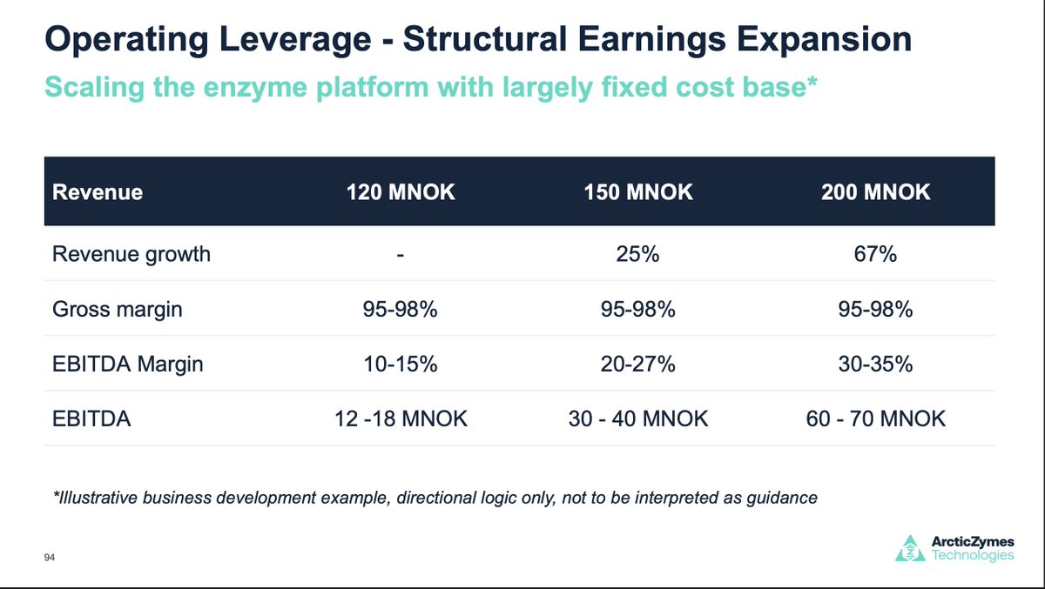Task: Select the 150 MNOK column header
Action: tap(638, 191)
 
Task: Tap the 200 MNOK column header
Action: tap(875, 191)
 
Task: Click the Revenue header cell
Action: tap(98, 191)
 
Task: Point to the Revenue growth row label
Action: tap(131, 255)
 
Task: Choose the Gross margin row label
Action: tap(118, 309)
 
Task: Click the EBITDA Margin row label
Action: tap(128, 364)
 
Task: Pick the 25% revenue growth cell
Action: tap(639, 255)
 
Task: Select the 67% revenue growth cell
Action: tap(875, 255)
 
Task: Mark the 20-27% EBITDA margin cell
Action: tap(639, 364)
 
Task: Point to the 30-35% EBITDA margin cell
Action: tap(875, 364)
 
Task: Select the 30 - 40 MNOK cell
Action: tap(639, 418)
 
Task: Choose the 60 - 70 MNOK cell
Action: tap(875, 418)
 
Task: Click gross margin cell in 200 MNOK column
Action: tap(875, 309)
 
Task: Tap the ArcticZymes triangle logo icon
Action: tap(911, 548)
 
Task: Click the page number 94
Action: tap(50, 558)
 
